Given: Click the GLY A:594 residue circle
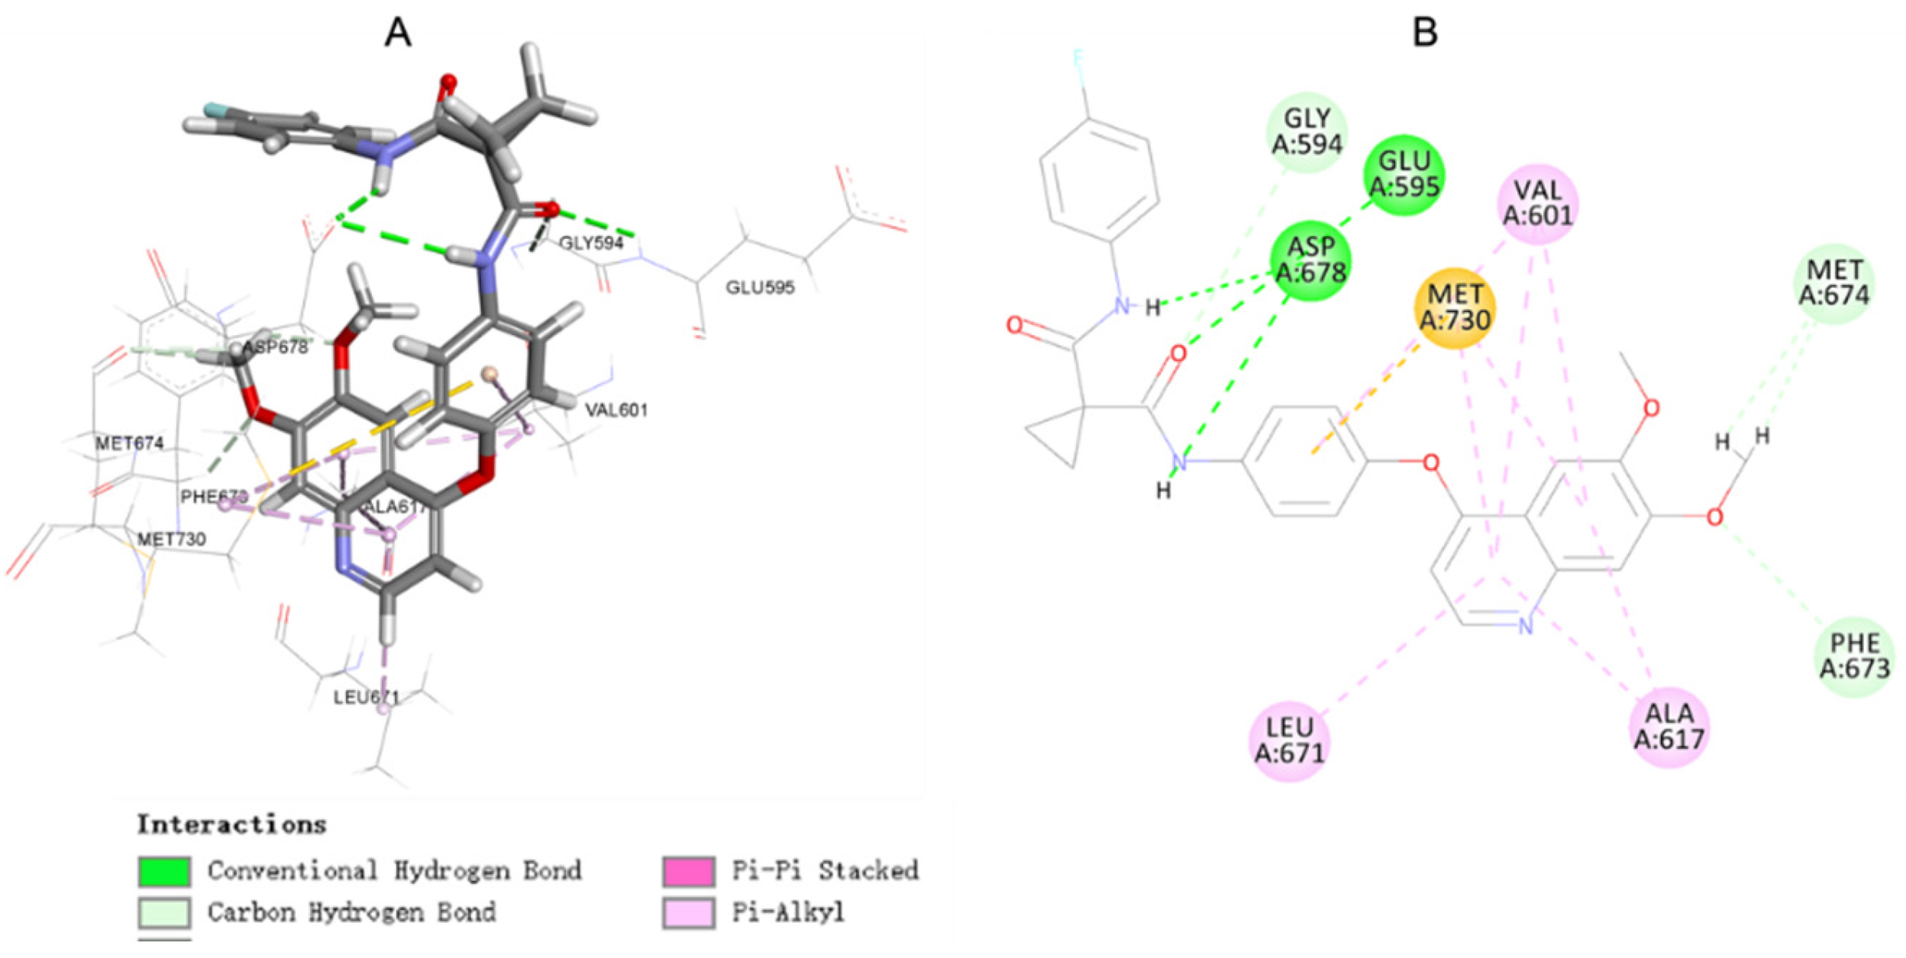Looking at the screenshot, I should pyautogui.click(x=1306, y=131).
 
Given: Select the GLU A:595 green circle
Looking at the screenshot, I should pyautogui.click(x=1404, y=174).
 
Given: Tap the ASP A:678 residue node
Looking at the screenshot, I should pyautogui.click(x=1310, y=260).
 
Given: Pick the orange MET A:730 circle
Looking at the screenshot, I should pyautogui.click(x=1455, y=307).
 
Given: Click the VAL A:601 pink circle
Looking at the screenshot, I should pyautogui.click(x=1538, y=204).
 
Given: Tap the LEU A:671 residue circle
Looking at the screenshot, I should pyautogui.click(x=1289, y=741).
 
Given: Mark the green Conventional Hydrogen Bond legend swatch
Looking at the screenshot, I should pyautogui.click(x=164, y=871).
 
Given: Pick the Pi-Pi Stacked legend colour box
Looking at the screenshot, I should pyautogui.click(x=689, y=871).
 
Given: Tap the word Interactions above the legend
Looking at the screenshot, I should pyautogui.click(x=232, y=825).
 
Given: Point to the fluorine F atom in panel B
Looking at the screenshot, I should pyautogui.click(x=1078, y=60).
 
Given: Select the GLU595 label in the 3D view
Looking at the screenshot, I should pyautogui.click(x=760, y=288).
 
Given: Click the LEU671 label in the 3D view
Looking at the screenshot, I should pyautogui.click(x=366, y=697).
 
